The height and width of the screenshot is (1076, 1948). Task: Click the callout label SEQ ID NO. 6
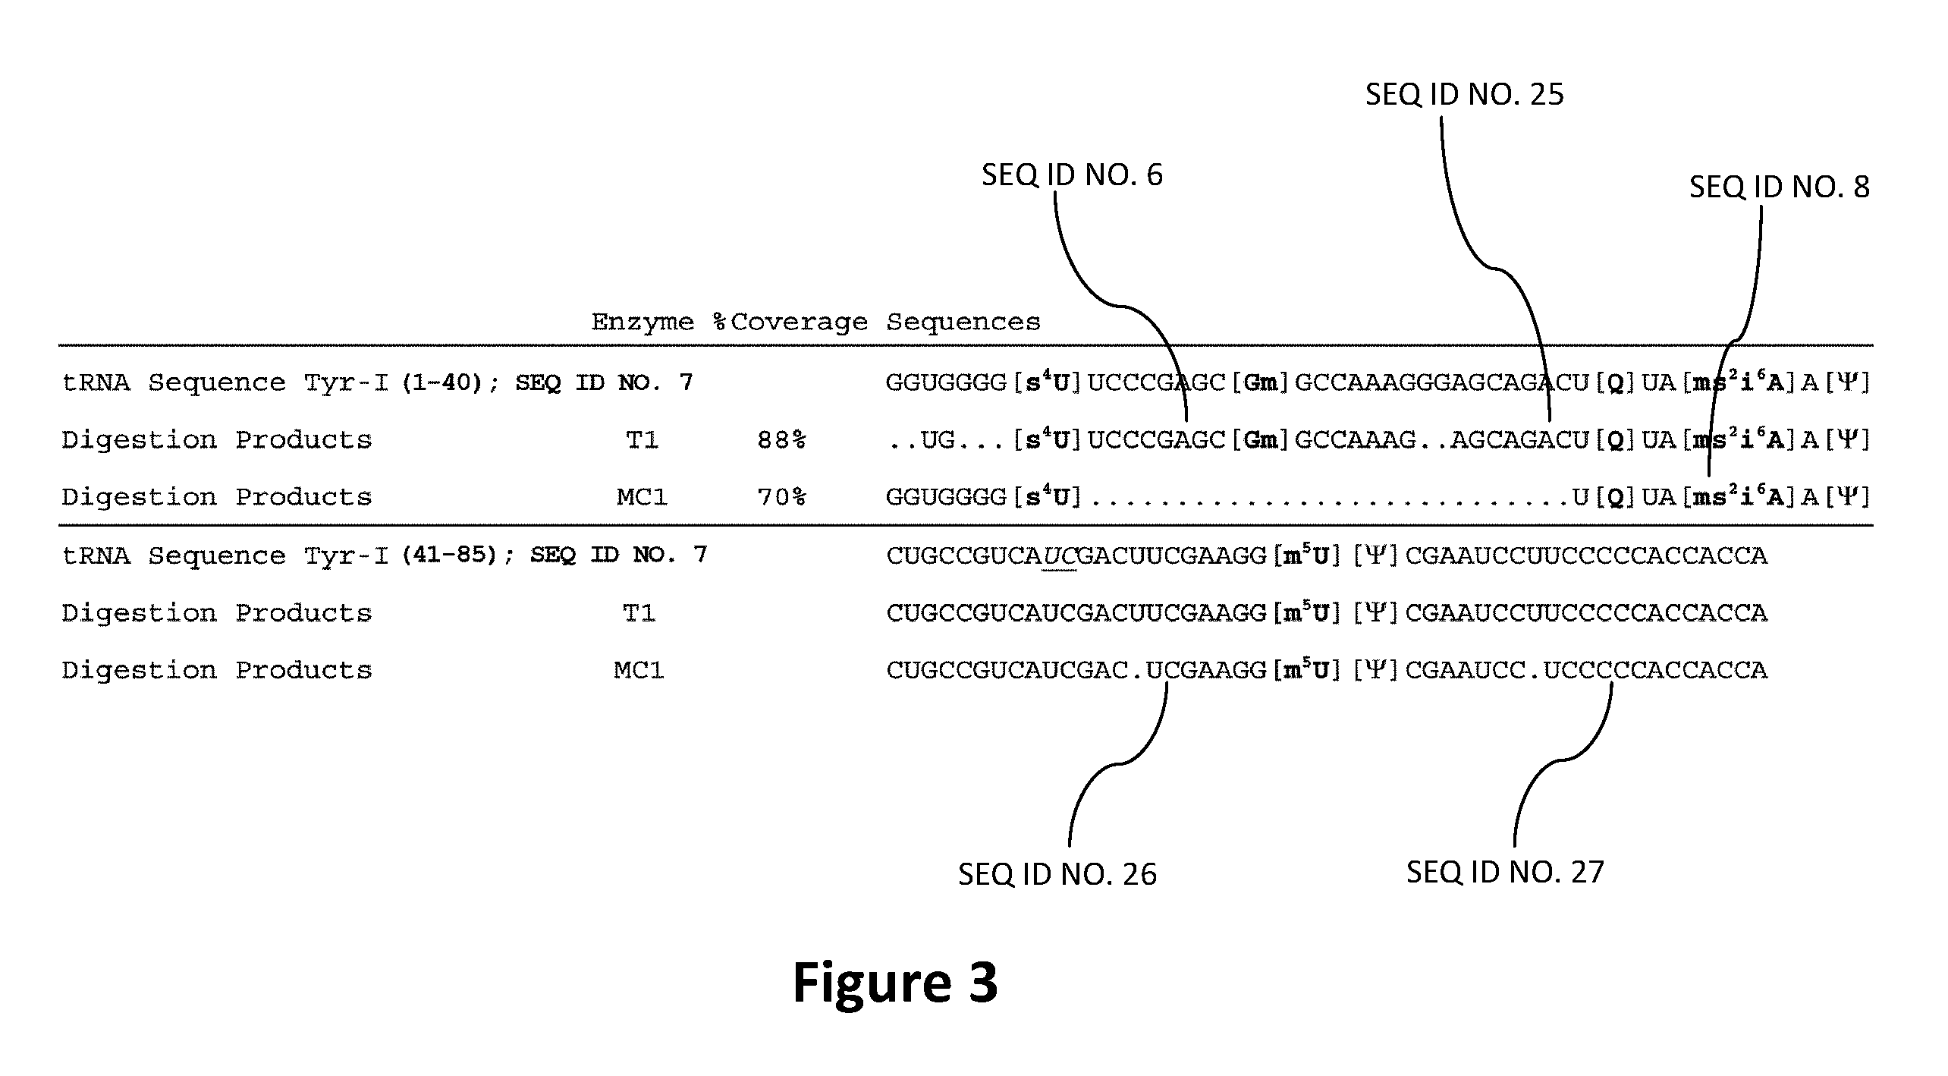pyautogui.click(x=1072, y=175)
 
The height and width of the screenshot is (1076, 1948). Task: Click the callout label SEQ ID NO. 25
pyautogui.click(x=1465, y=95)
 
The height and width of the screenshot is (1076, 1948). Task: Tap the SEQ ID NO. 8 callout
pyautogui.click(x=1780, y=187)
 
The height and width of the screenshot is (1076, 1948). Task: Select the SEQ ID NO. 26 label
pyautogui.click(x=1057, y=875)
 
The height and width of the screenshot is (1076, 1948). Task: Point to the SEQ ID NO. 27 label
pyautogui.click(x=1506, y=873)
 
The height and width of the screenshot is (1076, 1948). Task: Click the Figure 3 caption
pyautogui.click(x=895, y=983)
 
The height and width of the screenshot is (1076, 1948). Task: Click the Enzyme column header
pyautogui.click(x=643, y=322)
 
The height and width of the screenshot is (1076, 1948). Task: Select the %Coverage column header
pyautogui.click(x=790, y=322)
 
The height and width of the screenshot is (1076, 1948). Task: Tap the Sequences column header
pyautogui.click(x=963, y=322)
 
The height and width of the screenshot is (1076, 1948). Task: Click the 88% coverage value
pyautogui.click(x=781, y=440)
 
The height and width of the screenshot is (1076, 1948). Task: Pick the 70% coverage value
pyautogui.click(x=781, y=498)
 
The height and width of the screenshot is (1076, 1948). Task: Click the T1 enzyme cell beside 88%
pyautogui.click(x=642, y=440)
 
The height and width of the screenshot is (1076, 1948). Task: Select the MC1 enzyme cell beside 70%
pyautogui.click(x=642, y=498)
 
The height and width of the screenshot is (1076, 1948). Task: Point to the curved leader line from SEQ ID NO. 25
pyautogui.click(x=1494, y=268)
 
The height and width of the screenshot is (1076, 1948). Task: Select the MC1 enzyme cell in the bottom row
pyautogui.click(x=639, y=671)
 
